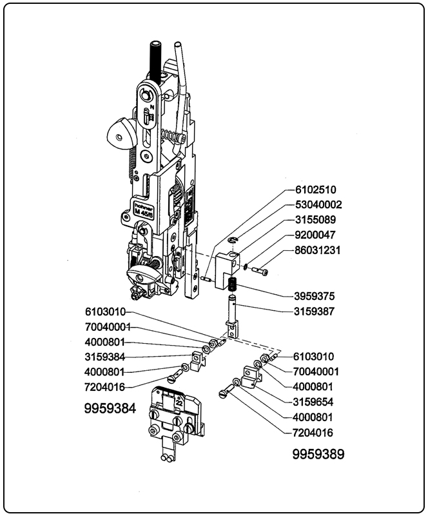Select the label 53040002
319,204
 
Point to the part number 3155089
316,219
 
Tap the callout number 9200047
316,234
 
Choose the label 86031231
319,249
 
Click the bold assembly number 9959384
110,408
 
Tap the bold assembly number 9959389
318,454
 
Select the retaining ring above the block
233,241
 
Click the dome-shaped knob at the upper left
118,134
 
